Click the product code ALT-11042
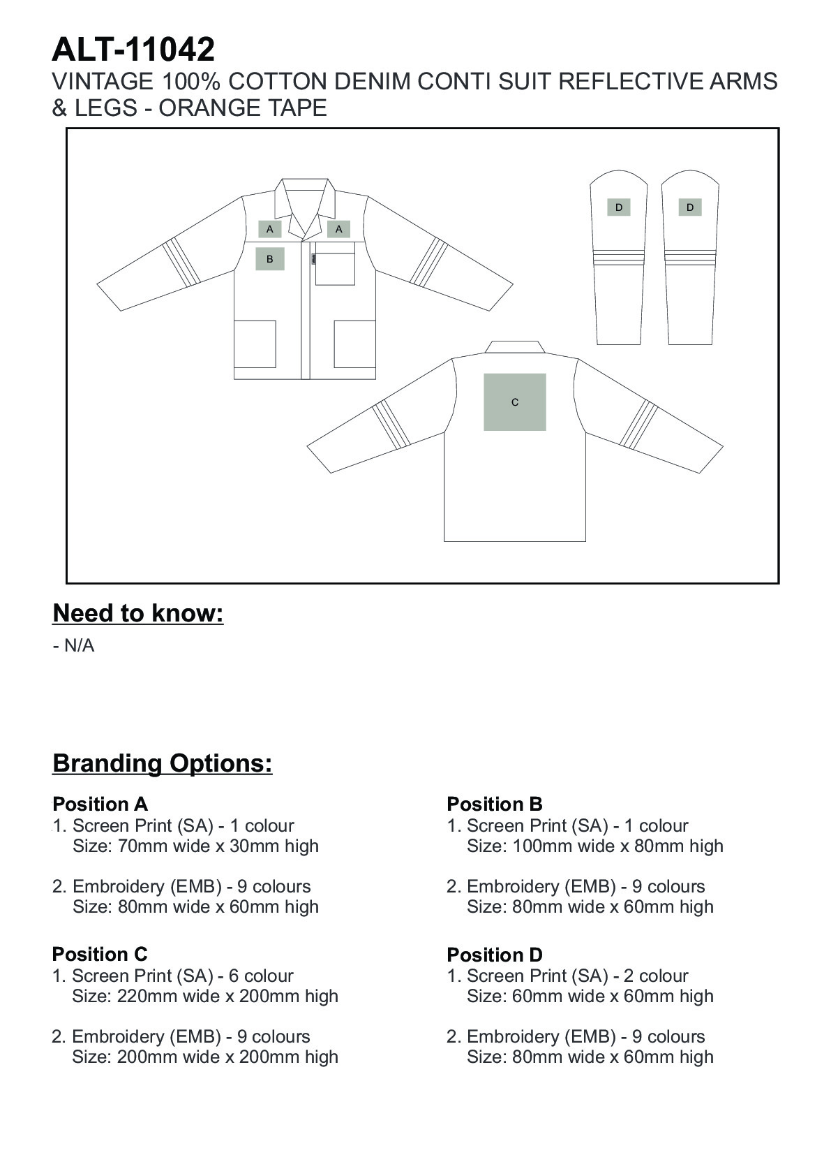pyautogui.click(x=133, y=50)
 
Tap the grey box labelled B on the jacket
pyautogui.click(x=269, y=259)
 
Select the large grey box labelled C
pyautogui.click(x=515, y=402)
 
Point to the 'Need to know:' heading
pyautogui.click(x=138, y=613)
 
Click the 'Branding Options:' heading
pyautogui.click(x=163, y=763)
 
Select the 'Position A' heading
pyautogui.click(x=100, y=804)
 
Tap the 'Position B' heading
pyautogui.click(x=495, y=804)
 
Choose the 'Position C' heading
pyautogui.click(x=100, y=954)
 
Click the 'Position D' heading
pyautogui.click(x=495, y=955)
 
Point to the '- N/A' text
pyautogui.click(x=73, y=646)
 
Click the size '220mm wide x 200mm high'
pyautogui.click(x=205, y=996)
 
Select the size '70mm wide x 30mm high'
pyautogui.click(x=195, y=846)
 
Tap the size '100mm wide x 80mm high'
pyautogui.click(x=595, y=846)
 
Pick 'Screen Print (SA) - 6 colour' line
pyautogui.click(x=183, y=976)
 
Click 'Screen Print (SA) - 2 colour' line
pyautogui.click(x=577, y=976)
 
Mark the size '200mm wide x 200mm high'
pyautogui.click(x=205, y=1057)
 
